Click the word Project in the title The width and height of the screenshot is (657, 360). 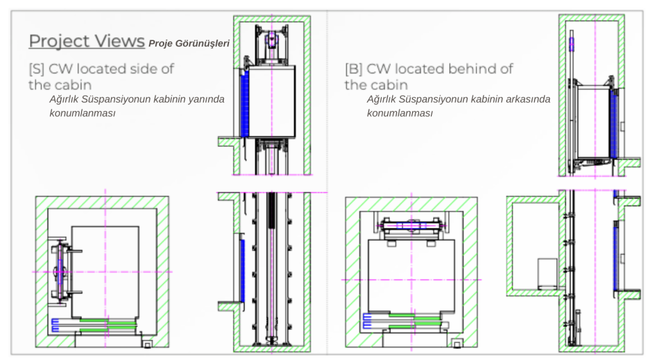[60, 42]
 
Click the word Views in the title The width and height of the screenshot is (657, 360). [120, 40]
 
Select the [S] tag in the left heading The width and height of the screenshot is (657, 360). [37, 69]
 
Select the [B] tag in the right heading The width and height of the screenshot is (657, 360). [354, 69]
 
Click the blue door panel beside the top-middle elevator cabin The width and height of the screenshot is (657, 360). [244, 103]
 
